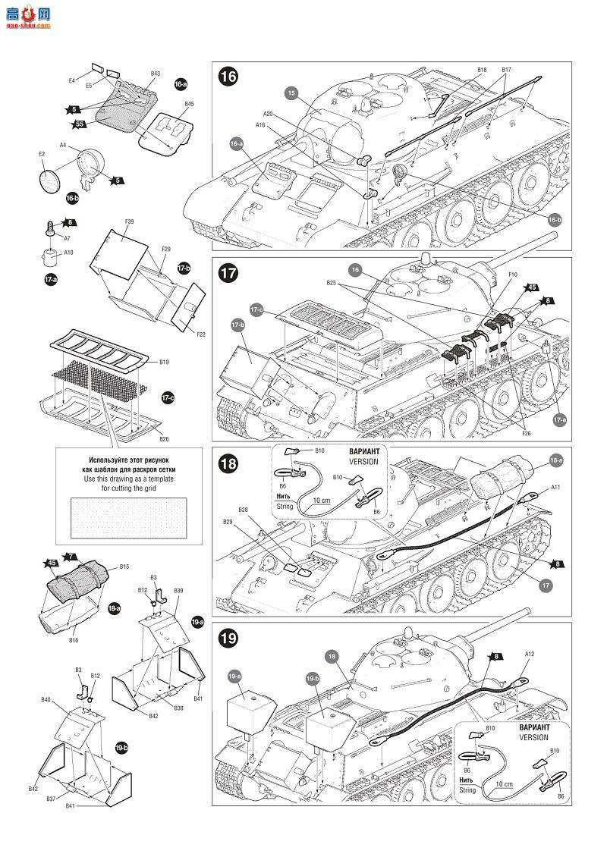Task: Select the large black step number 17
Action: (x=228, y=272)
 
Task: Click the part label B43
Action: (x=155, y=74)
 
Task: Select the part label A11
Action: (x=555, y=487)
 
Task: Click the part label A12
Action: (x=530, y=654)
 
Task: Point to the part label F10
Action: (x=513, y=274)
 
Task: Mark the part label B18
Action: (x=482, y=70)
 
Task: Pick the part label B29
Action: (x=228, y=523)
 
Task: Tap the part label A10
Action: (x=68, y=253)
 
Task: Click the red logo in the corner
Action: (x=27, y=16)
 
